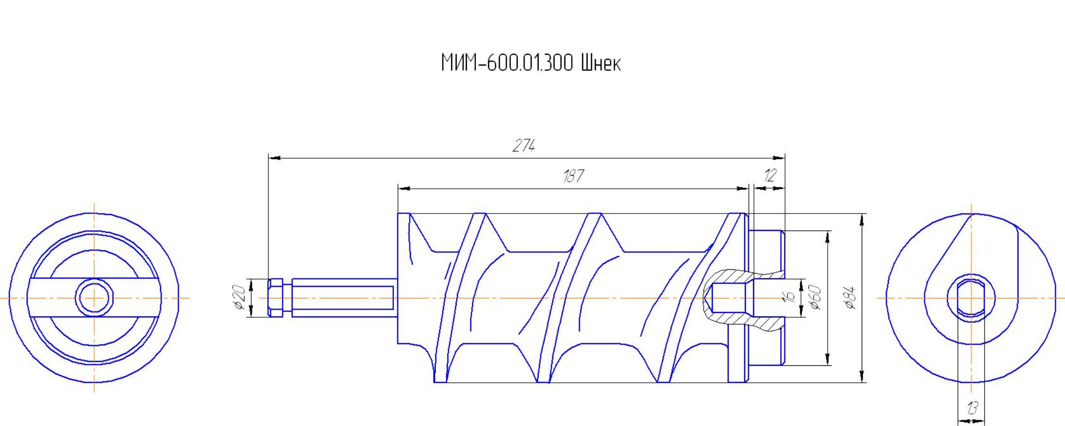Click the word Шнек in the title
[600, 63]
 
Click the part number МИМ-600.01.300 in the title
[507, 63]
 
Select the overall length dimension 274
[524, 146]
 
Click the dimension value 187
[573, 176]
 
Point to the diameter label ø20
[238, 297]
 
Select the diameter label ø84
[850, 297]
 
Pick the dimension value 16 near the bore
[789, 297]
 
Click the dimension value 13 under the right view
[971, 409]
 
